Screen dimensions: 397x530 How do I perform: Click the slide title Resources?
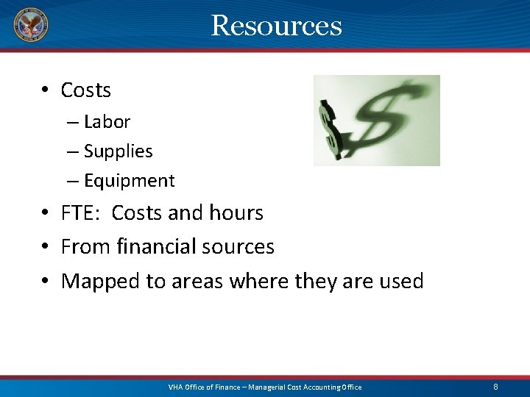(x=276, y=26)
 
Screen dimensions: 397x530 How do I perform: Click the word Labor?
(x=107, y=121)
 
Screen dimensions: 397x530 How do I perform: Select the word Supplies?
(x=118, y=151)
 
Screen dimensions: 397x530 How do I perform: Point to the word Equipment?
(x=129, y=181)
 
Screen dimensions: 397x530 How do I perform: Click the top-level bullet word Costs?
(x=86, y=90)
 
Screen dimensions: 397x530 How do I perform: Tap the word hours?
(x=235, y=213)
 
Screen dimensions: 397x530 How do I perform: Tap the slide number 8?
(x=495, y=387)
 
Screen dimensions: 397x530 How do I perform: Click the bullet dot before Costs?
(x=46, y=90)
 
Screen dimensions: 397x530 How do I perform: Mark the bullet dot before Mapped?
(x=46, y=282)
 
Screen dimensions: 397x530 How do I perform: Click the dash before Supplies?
(x=71, y=151)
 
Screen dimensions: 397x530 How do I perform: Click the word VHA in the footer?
(x=177, y=387)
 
